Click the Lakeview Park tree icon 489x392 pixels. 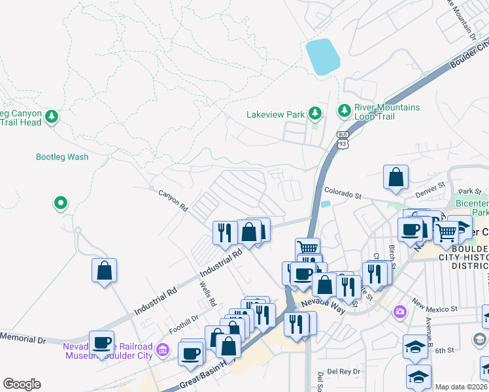click(x=315, y=114)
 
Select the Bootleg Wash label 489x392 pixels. click(x=62, y=157)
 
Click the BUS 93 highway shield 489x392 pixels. click(x=341, y=139)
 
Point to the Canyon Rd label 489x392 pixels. click(x=173, y=200)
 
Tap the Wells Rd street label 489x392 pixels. click(x=209, y=295)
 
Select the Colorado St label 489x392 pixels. click(x=343, y=195)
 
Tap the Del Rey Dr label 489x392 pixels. click(x=343, y=371)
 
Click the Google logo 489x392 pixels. click(x=22, y=384)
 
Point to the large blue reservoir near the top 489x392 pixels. click(x=322, y=57)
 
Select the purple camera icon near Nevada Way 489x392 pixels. click(x=399, y=313)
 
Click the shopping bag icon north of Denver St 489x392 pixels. click(x=396, y=177)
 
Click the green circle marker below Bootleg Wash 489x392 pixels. click(x=60, y=203)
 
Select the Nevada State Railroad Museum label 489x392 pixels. click(x=108, y=351)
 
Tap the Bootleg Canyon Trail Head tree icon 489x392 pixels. click(x=52, y=117)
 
